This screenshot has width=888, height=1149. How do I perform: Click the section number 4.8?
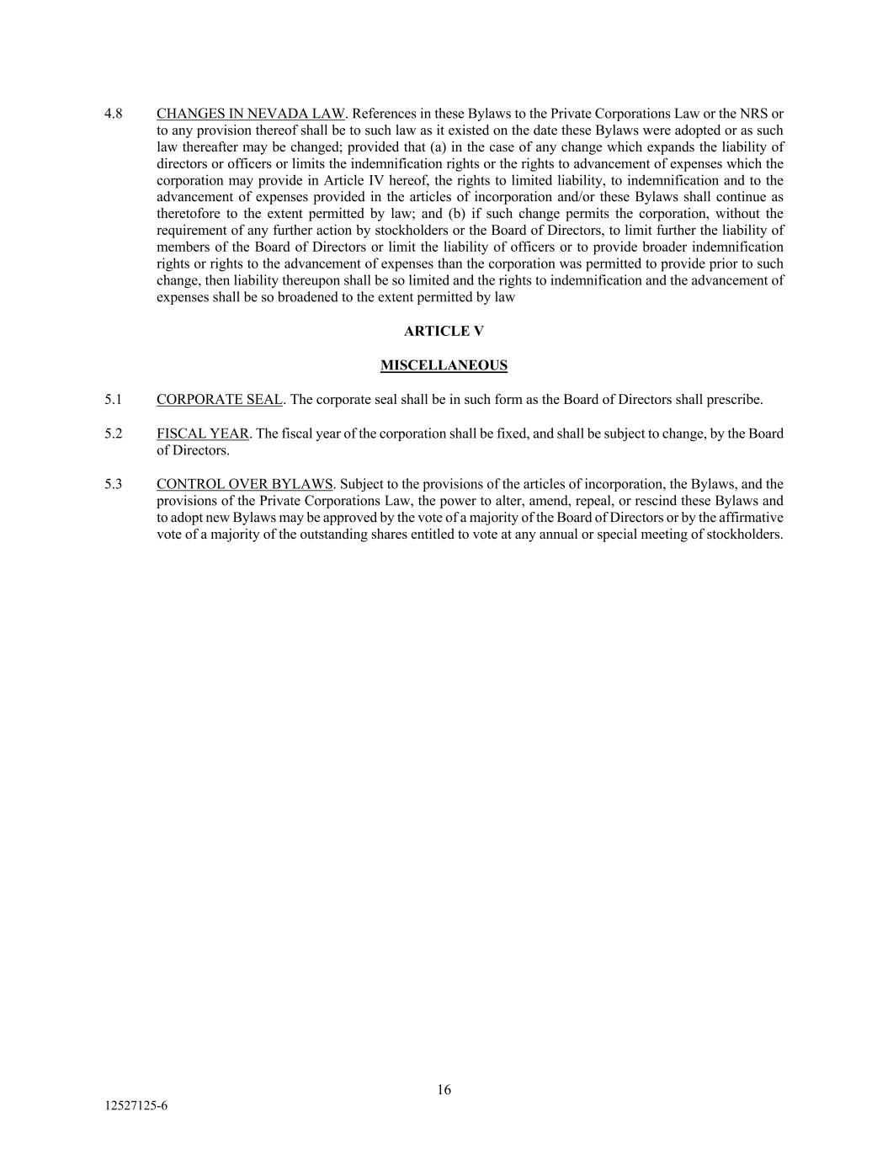coord(114,114)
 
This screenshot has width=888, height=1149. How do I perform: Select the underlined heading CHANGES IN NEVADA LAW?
coord(251,114)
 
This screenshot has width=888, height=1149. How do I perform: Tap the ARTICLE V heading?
coord(444,331)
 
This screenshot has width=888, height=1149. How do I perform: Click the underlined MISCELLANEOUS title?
coord(444,365)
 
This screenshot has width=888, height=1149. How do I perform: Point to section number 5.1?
coord(114,399)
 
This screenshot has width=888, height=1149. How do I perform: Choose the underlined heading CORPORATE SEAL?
coord(219,399)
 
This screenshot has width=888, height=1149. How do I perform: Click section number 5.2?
coord(114,434)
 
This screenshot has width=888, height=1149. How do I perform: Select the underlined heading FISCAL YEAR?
coord(202,434)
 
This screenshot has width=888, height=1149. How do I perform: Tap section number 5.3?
coord(114,484)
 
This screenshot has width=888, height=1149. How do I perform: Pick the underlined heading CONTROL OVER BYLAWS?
coord(245,484)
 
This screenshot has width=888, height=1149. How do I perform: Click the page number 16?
coord(444,1090)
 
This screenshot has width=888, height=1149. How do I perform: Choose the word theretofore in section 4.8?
coord(189,214)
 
